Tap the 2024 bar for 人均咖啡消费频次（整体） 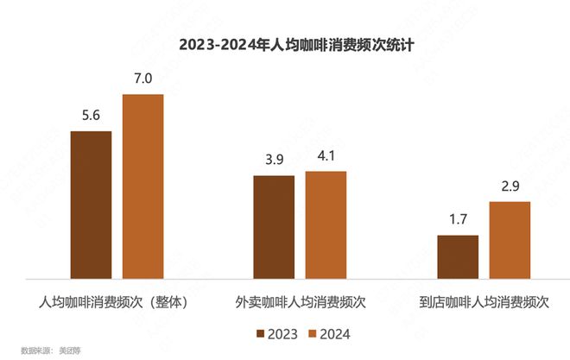click(142, 186)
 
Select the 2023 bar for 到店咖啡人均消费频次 click(457, 257)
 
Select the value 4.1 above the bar click(326, 157)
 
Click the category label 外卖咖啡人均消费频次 click(300, 304)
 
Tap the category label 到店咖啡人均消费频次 click(483, 304)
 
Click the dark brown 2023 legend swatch click(259, 332)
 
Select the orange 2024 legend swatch click(313, 332)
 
